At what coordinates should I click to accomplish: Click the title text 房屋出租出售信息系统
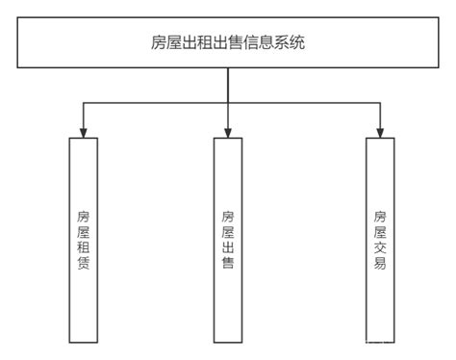228,42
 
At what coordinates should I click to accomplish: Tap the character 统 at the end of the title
300,42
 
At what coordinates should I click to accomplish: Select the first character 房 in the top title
156,42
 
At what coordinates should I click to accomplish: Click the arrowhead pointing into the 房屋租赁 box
84,132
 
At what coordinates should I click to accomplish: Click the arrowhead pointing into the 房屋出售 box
228,132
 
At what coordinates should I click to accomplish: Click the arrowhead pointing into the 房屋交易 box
381,132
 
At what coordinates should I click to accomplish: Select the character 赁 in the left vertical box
84,263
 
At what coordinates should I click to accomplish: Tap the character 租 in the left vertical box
84,246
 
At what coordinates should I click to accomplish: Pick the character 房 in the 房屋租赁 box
84,215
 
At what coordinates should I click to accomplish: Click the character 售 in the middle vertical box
228,263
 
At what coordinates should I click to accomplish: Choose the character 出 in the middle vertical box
228,246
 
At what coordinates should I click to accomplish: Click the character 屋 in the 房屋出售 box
228,231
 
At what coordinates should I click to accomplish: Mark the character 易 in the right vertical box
381,263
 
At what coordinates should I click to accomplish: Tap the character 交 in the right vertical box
381,246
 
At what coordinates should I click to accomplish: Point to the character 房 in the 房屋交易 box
381,215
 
